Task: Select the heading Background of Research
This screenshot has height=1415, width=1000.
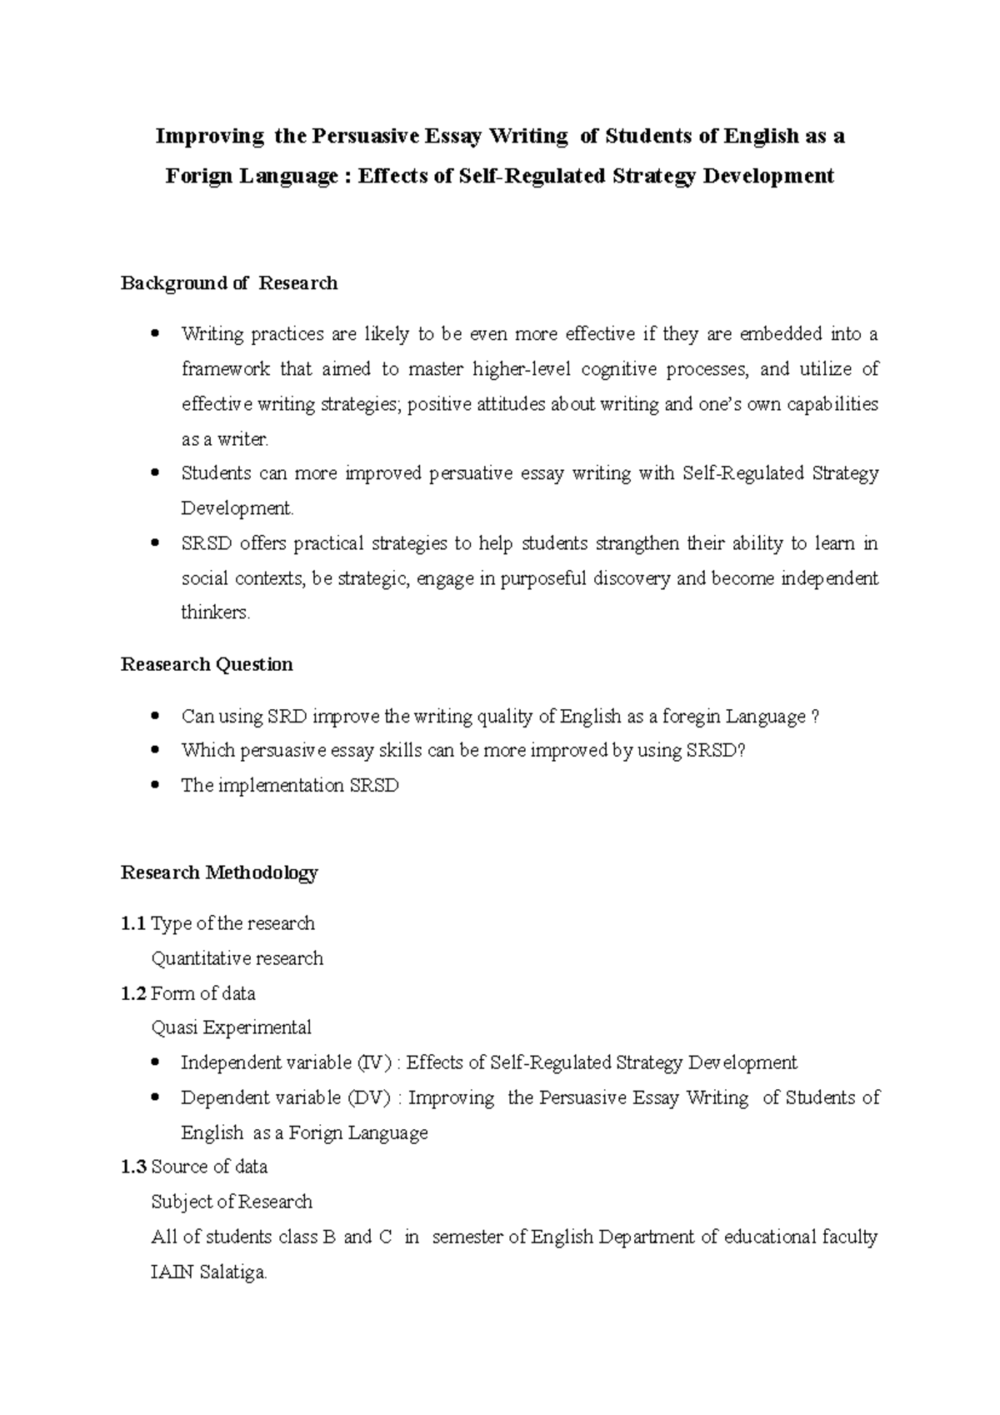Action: [x=229, y=283]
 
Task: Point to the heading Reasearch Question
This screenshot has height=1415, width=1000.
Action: [x=207, y=664]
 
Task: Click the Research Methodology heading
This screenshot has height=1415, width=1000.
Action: [x=219, y=872]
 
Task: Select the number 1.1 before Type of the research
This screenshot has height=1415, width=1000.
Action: [x=133, y=923]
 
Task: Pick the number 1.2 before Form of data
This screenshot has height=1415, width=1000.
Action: [x=133, y=993]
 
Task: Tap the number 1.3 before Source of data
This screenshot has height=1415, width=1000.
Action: [x=133, y=1167]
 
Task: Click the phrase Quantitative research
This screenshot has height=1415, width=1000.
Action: [x=237, y=958]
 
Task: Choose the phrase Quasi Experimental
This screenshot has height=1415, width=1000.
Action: [x=231, y=1027]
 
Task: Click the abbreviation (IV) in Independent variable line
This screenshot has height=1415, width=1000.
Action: [x=373, y=1062]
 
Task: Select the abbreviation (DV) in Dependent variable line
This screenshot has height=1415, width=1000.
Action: [x=368, y=1097]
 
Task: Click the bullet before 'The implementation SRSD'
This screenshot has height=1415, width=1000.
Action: [x=155, y=786]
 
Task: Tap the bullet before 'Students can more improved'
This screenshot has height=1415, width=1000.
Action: [x=155, y=473]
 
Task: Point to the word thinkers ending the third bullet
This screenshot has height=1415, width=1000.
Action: [x=215, y=612]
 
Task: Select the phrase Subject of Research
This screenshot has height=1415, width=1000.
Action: [x=231, y=1202]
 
